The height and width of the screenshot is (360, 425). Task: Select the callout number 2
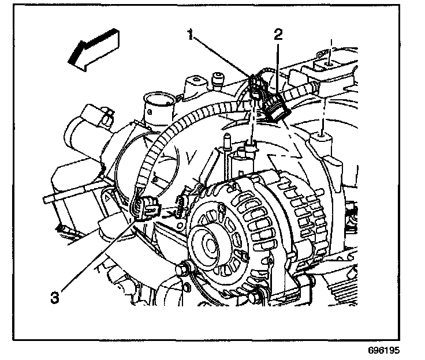(x=278, y=34)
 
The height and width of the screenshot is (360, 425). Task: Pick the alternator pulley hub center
(x=209, y=242)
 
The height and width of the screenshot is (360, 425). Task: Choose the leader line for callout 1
(x=222, y=58)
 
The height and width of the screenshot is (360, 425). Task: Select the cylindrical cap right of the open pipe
(x=218, y=78)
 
